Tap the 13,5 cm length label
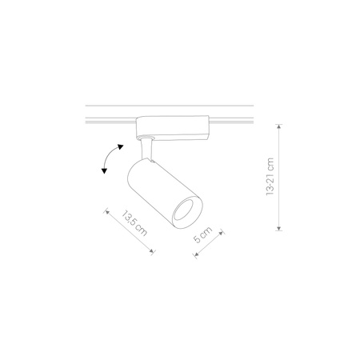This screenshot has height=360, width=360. [x=136, y=226]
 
